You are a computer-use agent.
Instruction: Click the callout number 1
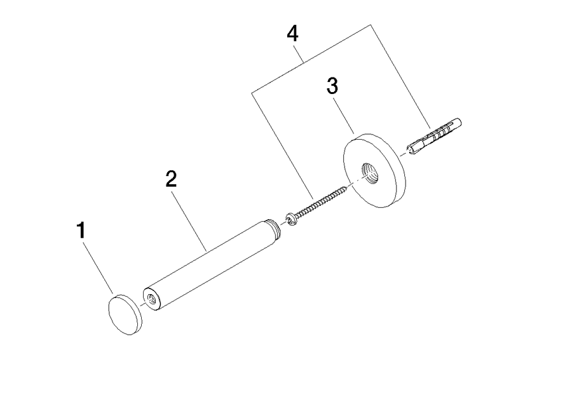[81, 230]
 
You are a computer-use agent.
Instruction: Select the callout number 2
[171, 178]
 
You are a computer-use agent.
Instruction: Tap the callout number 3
[332, 86]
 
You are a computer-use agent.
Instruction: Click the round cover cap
[125, 314]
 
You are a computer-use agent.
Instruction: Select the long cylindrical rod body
[208, 265]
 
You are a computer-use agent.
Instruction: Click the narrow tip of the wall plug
[410, 149]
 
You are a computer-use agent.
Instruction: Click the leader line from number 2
[189, 221]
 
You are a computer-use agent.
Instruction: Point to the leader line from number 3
[344, 118]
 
